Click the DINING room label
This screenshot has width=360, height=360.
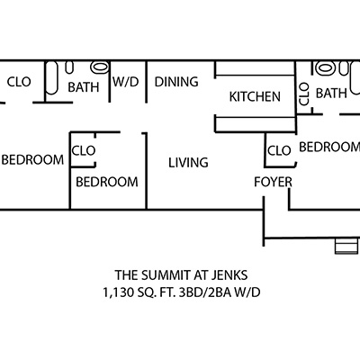[176, 82]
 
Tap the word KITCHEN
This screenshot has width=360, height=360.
[255, 96]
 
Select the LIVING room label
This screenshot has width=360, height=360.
[188, 163]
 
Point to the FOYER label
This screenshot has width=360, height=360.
[273, 182]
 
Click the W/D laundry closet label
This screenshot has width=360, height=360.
[126, 82]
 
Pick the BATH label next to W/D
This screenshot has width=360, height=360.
[84, 87]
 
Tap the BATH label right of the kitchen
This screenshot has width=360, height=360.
[331, 94]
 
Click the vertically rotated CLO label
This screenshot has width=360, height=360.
[304, 94]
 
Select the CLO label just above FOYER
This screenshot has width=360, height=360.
[279, 150]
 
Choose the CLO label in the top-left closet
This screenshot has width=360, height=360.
[19, 82]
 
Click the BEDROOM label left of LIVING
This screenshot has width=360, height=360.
[107, 182]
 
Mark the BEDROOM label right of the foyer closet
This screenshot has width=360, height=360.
[329, 147]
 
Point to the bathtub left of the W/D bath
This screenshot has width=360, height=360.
[51, 78]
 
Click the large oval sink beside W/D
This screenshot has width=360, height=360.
[100, 67]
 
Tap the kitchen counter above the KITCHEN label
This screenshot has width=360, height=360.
[255, 68]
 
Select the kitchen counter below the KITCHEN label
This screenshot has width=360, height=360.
[256, 124]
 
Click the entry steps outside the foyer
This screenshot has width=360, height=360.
[346, 246]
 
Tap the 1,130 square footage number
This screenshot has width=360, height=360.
[117, 292]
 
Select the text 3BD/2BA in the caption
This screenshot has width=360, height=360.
[205, 292]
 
